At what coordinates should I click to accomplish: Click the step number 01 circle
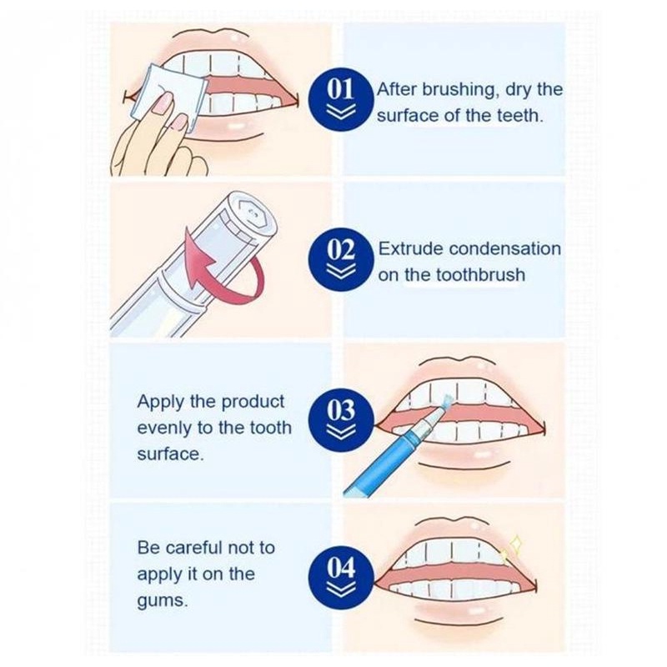pos(341,98)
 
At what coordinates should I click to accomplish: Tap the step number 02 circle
pos(341,258)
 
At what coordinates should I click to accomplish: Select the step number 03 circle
pos(341,419)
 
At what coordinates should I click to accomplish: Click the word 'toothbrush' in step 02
pos(481,275)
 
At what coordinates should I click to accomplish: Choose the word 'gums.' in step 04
pos(162,601)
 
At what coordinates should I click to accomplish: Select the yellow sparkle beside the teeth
pos(512,549)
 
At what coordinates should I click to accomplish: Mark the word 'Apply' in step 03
pos(161,403)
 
